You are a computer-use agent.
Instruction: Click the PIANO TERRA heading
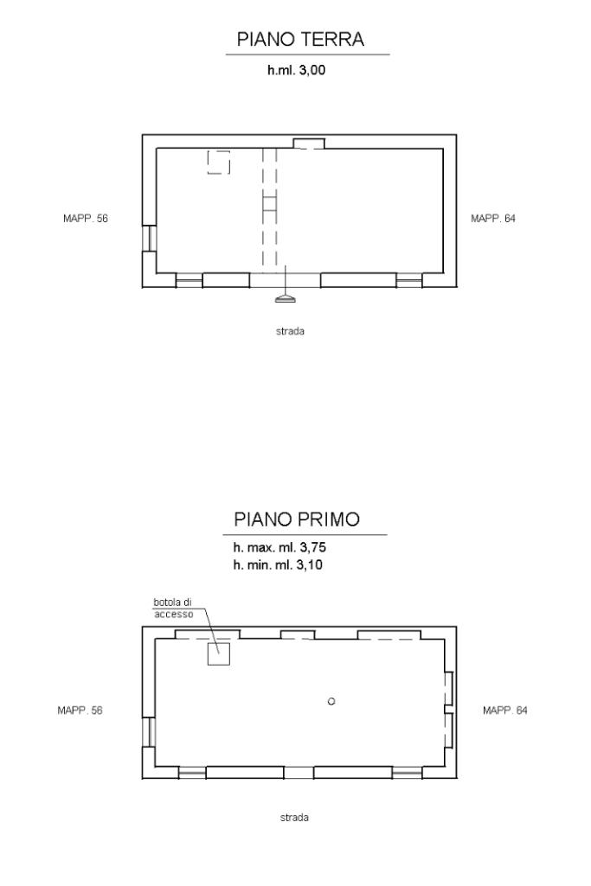click(300, 39)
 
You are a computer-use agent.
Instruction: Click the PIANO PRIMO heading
click(297, 519)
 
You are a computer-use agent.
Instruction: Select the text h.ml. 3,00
click(296, 70)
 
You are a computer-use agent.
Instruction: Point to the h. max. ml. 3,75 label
click(279, 547)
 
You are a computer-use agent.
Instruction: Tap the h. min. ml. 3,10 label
click(278, 564)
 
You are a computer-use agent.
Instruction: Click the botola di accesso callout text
click(174, 608)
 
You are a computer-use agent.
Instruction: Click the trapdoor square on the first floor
click(218, 653)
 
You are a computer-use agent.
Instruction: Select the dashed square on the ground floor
click(218, 163)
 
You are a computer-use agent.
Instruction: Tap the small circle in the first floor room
click(331, 701)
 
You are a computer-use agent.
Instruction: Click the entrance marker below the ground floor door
click(285, 297)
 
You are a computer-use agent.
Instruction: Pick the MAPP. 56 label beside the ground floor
click(86, 218)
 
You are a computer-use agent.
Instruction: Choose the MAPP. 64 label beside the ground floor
click(493, 218)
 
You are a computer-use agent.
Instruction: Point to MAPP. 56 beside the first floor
click(80, 710)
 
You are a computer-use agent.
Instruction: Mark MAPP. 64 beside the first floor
click(505, 710)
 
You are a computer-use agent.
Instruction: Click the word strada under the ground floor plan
click(290, 331)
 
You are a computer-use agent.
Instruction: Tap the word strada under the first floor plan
click(294, 817)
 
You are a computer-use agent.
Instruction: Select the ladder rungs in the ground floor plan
click(270, 201)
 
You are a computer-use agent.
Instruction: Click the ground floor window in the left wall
click(150, 238)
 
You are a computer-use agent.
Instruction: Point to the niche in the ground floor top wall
click(308, 143)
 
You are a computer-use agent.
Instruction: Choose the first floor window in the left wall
click(150, 732)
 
